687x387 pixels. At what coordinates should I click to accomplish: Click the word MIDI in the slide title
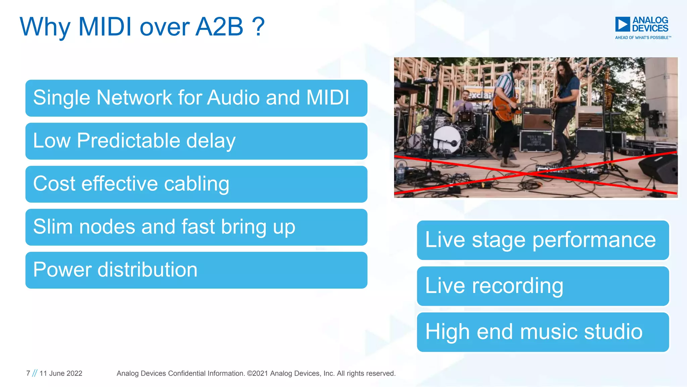pos(105,27)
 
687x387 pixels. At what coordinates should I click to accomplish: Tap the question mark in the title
pos(258,27)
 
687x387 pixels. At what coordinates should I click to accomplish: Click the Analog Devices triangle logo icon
pos(622,24)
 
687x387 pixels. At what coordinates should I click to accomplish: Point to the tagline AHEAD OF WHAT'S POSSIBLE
pos(643,38)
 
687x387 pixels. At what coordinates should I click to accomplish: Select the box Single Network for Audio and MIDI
pos(196,98)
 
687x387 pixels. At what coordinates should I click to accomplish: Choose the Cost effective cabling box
pos(196,184)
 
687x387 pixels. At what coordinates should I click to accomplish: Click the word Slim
pos(53,227)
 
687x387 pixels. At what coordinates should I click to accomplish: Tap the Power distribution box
pos(196,270)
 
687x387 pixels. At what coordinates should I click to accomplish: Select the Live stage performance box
pos(543,240)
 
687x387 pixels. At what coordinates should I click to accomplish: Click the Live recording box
pos(543,286)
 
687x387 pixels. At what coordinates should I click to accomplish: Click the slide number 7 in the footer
pos(28,373)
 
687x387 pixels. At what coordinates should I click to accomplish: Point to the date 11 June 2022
pos(61,373)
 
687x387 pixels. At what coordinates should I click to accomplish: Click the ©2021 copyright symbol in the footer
pos(250,373)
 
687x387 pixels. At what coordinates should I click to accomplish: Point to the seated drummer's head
pos(466,94)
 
